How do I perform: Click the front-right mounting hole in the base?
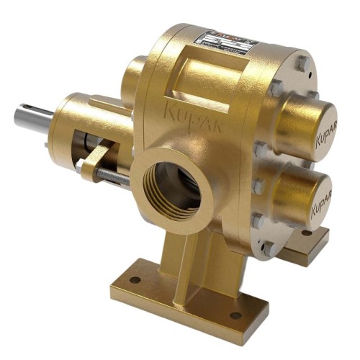click(235, 315)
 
